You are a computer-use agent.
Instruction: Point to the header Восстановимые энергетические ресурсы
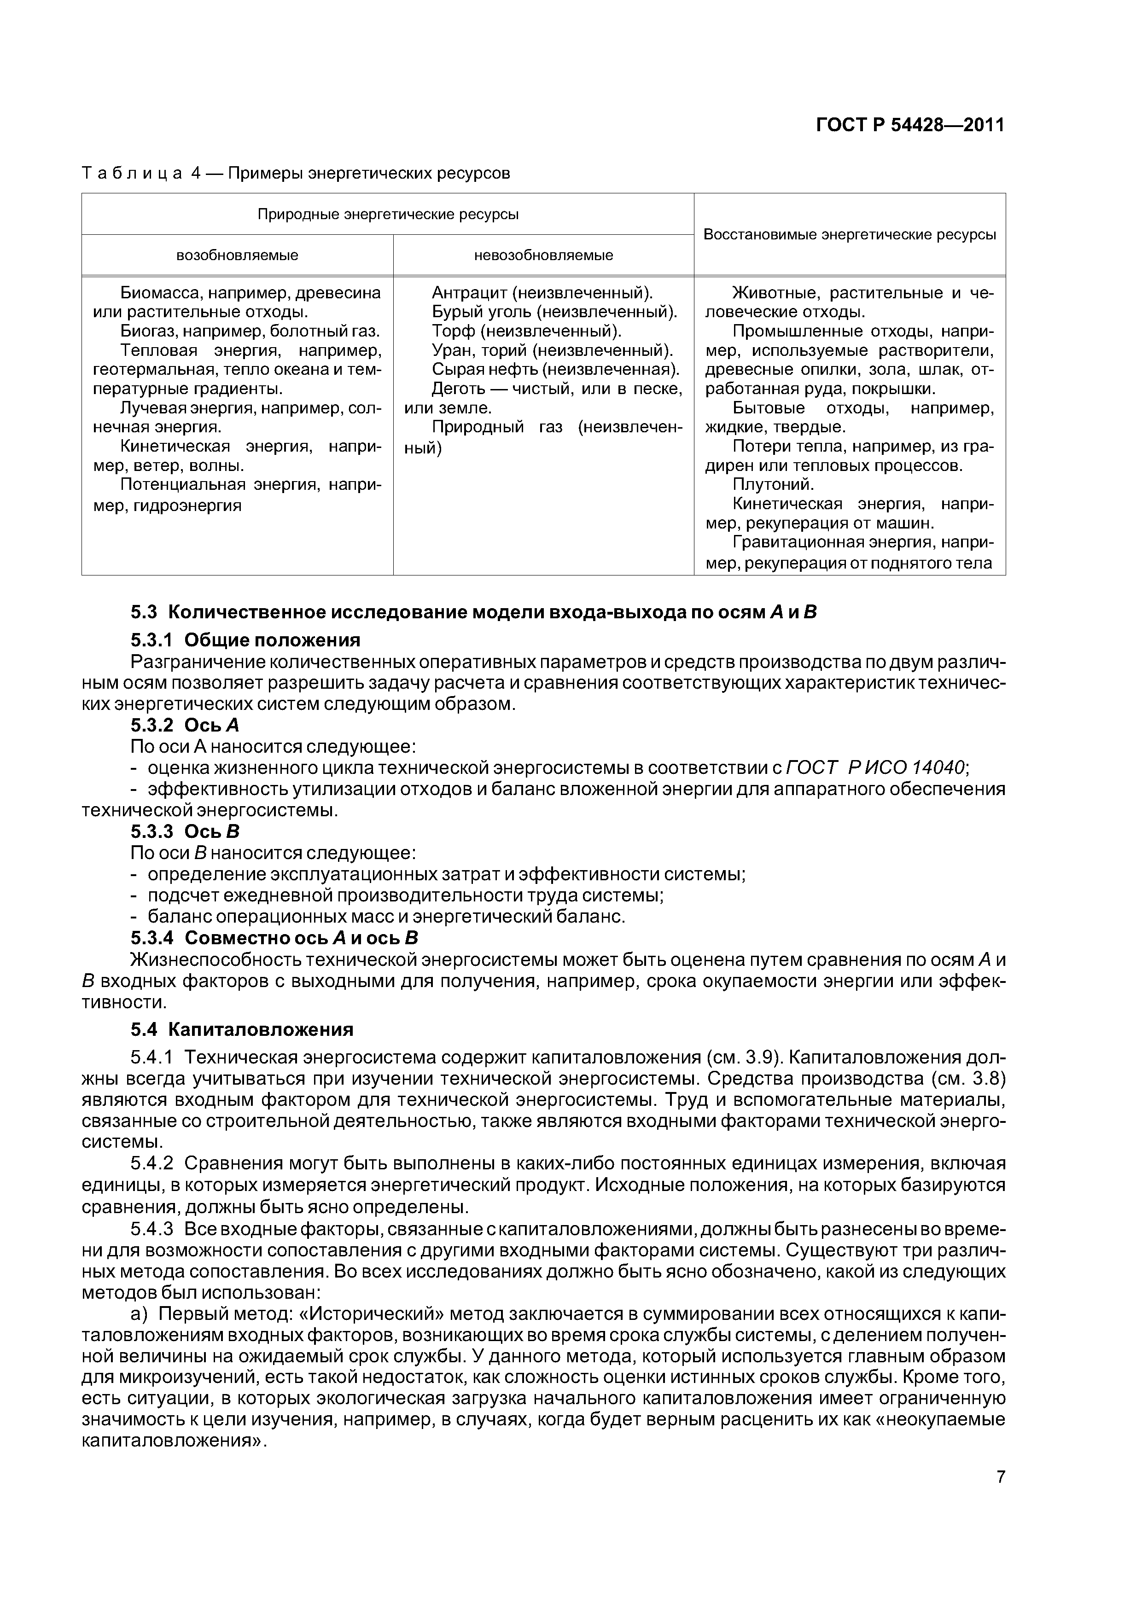pos(849,235)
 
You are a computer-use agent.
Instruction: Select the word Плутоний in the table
pos(773,485)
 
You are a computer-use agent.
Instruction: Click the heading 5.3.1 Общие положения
pos(245,640)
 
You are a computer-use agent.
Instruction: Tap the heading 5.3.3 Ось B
pos(185,831)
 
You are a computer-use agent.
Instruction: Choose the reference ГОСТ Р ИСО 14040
pos(876,767)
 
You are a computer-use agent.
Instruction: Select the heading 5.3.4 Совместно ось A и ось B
pos(274,938)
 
